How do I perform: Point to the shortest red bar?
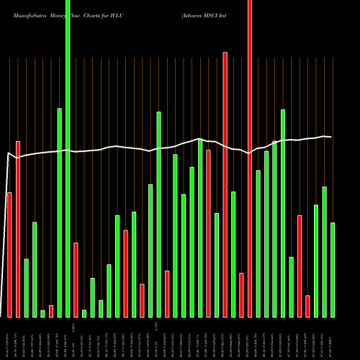(51, 311)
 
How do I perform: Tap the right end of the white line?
(330, 137)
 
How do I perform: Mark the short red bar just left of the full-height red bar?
(242, 295)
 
